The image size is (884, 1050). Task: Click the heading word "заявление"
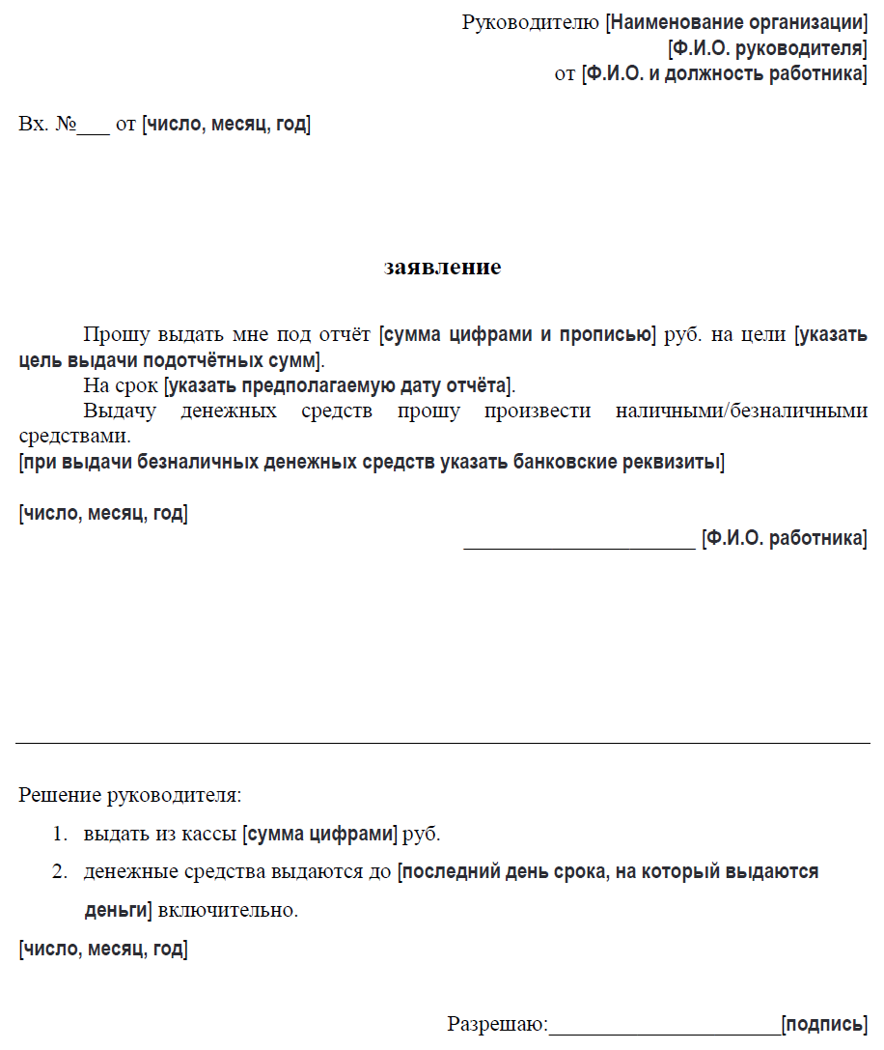coord(442,268)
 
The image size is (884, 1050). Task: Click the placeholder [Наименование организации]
coord(736,22)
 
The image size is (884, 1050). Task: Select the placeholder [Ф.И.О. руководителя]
coord(767,48)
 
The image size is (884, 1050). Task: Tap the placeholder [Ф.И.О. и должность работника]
coord(724,74)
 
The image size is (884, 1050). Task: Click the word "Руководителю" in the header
coord(531,22)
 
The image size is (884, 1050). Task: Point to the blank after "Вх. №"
coord(94,126)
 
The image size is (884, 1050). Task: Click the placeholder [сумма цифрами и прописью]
coord(518,336)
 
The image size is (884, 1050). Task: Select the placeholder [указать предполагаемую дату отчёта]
coord(338,386)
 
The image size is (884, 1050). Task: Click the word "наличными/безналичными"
coord(741,411)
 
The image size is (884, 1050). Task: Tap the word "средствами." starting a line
coord(73,437)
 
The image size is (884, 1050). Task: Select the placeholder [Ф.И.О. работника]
coord(784,538)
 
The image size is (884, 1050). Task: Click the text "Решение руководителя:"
coord(130,796)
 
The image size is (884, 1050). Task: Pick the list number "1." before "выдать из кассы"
coord(61,834)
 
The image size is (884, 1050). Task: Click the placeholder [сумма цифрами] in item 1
coord(321,834)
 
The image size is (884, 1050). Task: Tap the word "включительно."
coord(228,911)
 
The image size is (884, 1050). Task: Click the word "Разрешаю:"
coord(497,1024)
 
